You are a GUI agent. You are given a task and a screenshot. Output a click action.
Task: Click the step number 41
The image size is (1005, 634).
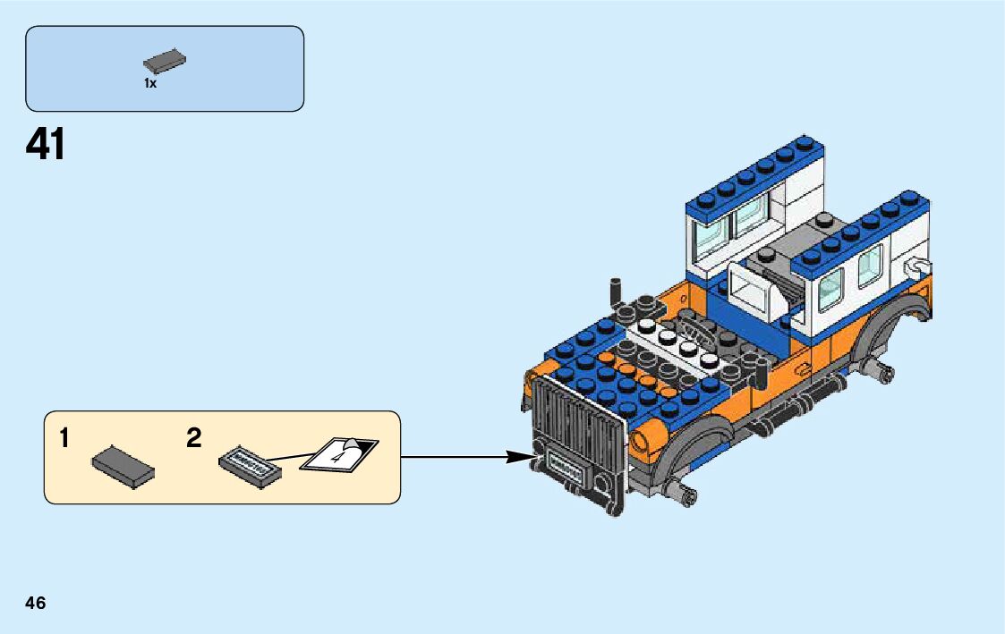pos(46,144)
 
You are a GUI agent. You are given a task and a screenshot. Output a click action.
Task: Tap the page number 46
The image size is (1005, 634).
pos(36,603)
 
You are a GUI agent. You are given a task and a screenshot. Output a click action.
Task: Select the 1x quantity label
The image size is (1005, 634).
pos(150,83)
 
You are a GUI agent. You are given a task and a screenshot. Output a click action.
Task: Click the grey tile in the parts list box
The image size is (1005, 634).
pos(165,62)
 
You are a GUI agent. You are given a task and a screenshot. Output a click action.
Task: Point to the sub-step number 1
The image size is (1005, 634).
pos(64,438)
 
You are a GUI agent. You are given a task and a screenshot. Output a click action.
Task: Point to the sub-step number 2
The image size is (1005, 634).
pos(194,438)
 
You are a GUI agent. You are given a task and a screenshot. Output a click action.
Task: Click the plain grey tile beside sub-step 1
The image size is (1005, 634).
pos(123,466)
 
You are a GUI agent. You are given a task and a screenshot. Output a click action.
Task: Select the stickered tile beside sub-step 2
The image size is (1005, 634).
pos(250,465)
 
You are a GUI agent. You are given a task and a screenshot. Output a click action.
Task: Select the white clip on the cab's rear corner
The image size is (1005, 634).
pos(917,266)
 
